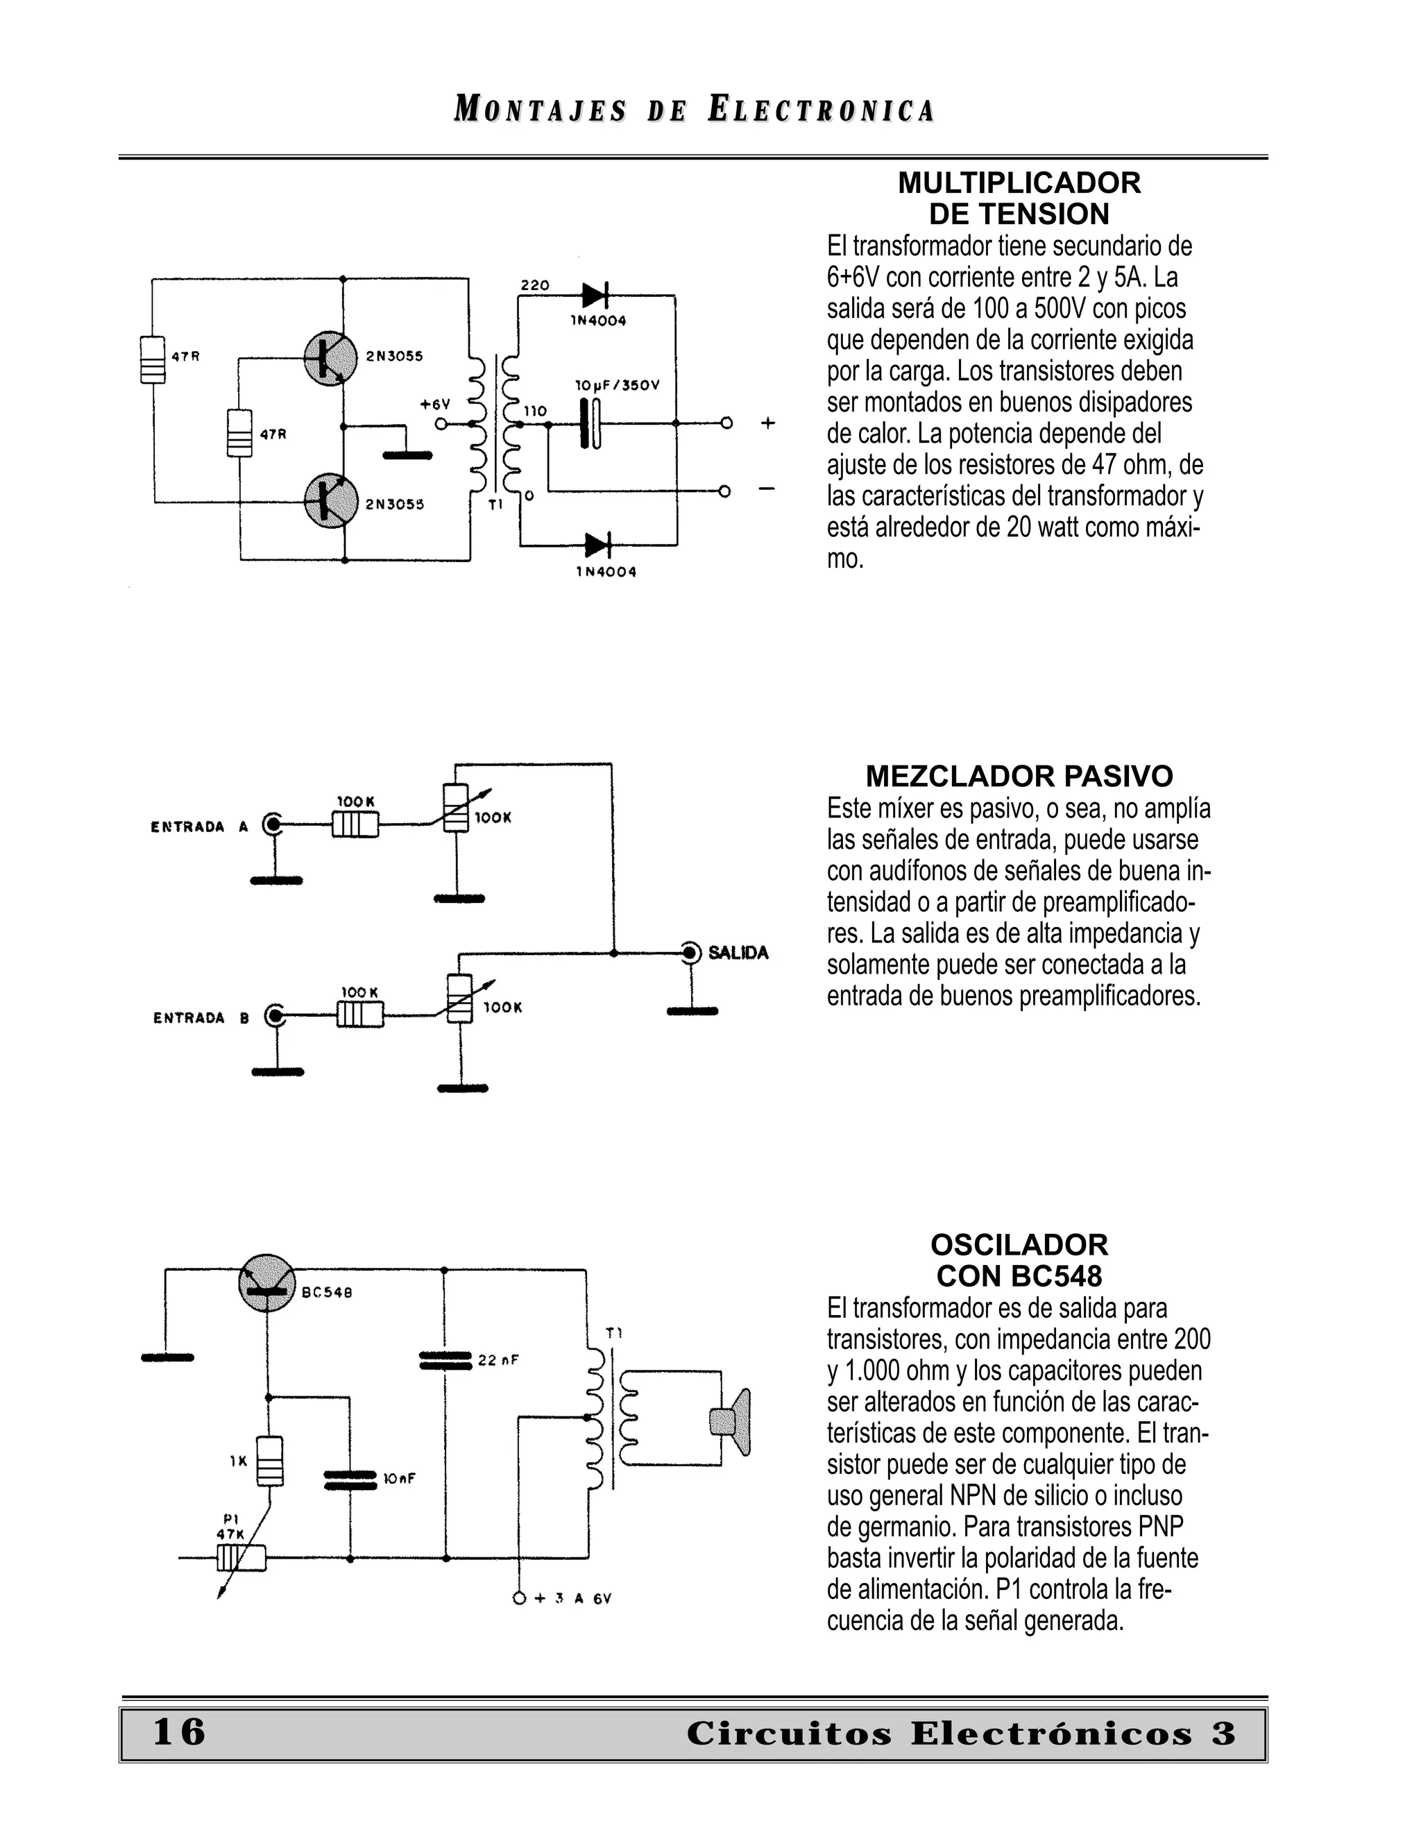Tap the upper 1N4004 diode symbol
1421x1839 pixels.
tap(595, 296)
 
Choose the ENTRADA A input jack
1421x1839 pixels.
tap(272, 824)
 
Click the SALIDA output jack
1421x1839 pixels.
tap(690, 954)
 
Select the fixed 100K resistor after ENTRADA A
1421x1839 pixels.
tap(355, 824)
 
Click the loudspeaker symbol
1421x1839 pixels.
tap(731, 1421)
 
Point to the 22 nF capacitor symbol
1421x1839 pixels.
tap(445, 1360)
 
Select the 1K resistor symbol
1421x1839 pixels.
tap(269, 1461)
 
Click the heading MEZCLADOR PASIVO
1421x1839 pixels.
tap(1019, 776)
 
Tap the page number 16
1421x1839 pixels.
tap(179, 1731)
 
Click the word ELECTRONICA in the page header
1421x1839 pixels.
tap(821, 110)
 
